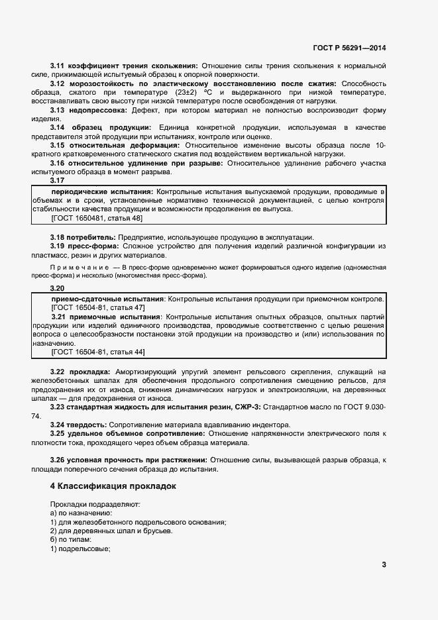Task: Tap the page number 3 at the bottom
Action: (x=384, y=565)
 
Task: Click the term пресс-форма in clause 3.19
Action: (x=92, y=246)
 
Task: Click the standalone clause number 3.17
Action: (x=58, y=180)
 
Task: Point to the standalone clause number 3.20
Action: (x=58, y=289)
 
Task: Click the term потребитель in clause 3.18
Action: (x=91, y=237)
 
